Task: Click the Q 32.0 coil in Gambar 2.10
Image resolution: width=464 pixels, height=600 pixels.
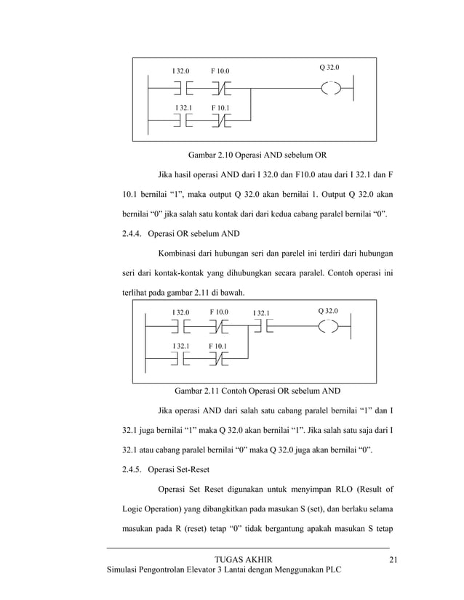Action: (331, 90)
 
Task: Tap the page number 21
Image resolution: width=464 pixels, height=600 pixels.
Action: (394, 559)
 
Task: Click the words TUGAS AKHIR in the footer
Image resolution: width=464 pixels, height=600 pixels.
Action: (244, 559)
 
